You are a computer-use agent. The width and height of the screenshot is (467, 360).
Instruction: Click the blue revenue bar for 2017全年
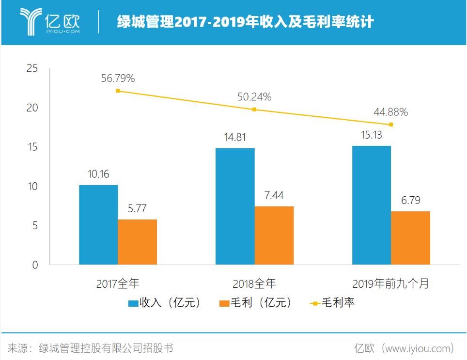pos(98,225)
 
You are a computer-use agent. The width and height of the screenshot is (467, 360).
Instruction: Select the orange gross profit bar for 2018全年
pos(274,235)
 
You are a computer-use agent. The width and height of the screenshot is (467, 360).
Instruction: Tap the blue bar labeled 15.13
pos(372,205)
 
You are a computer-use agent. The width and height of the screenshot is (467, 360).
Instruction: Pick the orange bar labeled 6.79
pos(410,238)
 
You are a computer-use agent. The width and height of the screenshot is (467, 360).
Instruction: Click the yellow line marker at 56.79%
pos(118,91)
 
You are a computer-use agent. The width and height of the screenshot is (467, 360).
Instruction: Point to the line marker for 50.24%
pos(254,110)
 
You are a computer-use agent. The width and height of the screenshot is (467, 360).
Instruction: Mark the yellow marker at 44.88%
pos(391,125)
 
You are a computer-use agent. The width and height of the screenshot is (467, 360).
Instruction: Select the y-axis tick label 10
pos(32,187)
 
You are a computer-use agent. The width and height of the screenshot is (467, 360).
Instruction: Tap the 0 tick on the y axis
pos(35,265)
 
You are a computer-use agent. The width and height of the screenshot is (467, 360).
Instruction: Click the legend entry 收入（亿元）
pos(164,303)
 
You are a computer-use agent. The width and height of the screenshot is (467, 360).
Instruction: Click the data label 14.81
pos(235,138)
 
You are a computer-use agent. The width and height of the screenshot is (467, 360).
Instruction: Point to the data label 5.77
pos(137,209)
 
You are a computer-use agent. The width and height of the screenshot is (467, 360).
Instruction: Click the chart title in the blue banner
pos(245,22)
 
